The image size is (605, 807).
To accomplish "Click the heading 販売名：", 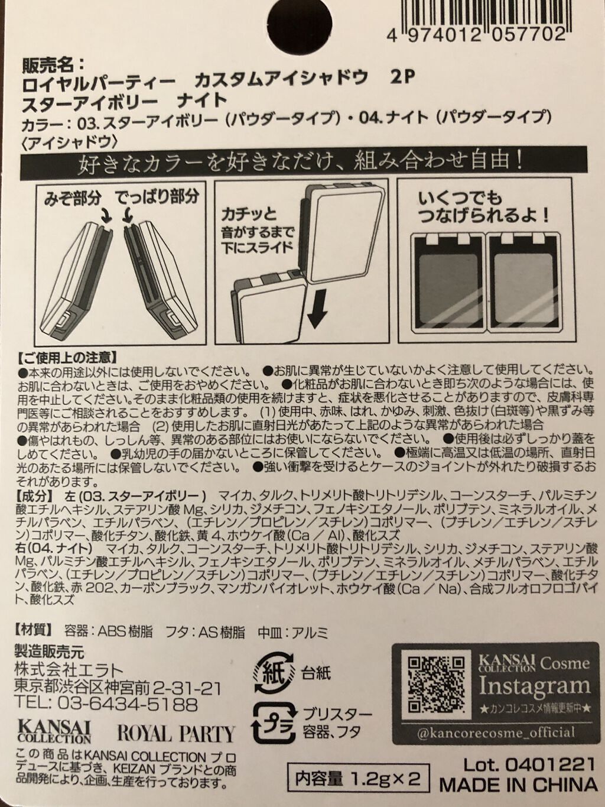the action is [x=53, y=66].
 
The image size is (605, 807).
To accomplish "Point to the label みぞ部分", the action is [x=72, y=199].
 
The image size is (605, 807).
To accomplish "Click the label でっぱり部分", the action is [x=158, y=198].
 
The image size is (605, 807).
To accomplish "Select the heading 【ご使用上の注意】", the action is [x=67, y=356].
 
